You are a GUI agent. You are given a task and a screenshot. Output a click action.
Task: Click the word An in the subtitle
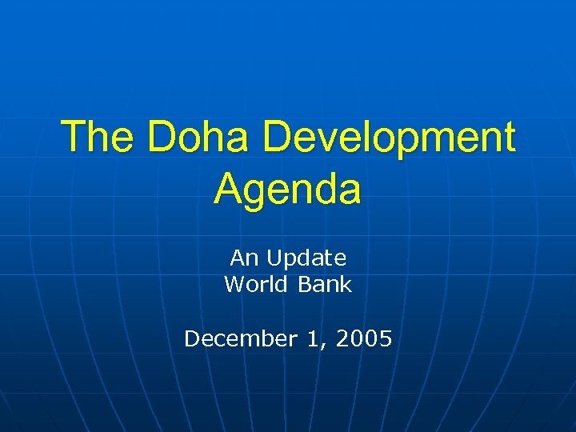point(242,258)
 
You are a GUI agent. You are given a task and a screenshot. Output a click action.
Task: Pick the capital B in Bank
point(306,284)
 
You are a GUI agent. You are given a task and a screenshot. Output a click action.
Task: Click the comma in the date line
point(322,345)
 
